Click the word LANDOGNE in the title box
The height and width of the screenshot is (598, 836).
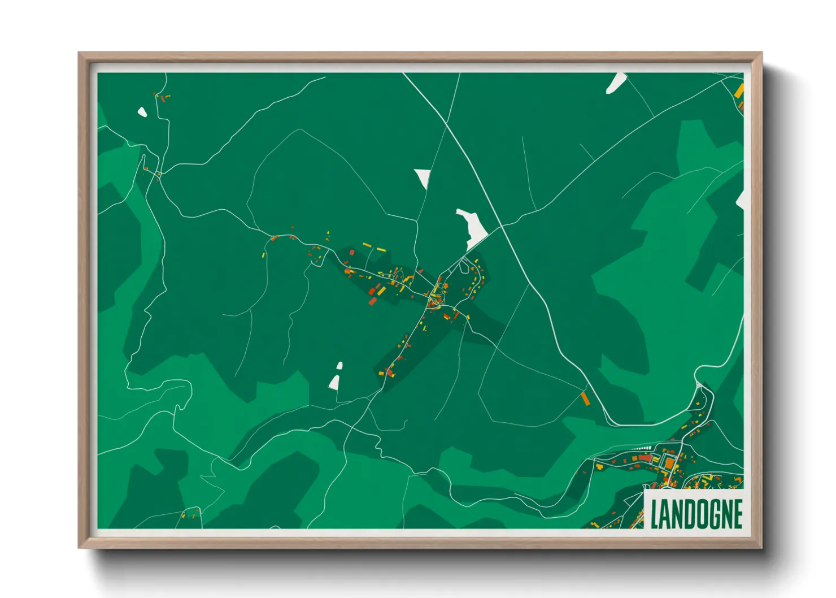(696, 514)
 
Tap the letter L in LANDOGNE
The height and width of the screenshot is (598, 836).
(655, 514)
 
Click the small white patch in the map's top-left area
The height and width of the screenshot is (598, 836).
(142, 112)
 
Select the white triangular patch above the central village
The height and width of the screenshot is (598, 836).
(423, 177)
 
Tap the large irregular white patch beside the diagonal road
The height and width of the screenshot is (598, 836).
(473, 227)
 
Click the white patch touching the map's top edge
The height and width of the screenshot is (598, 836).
(615, 83)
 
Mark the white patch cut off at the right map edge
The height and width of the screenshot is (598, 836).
(741, 200)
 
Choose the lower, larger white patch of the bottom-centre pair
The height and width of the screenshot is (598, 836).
(334, 383)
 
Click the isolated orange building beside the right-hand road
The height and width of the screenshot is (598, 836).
(585, 398)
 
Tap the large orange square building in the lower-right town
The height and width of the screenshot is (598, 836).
(669, 463)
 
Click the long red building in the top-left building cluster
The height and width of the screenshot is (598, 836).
(163, 98)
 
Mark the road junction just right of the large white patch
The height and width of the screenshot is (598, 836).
(502, 227)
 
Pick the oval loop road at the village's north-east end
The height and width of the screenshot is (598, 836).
(464, 265)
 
